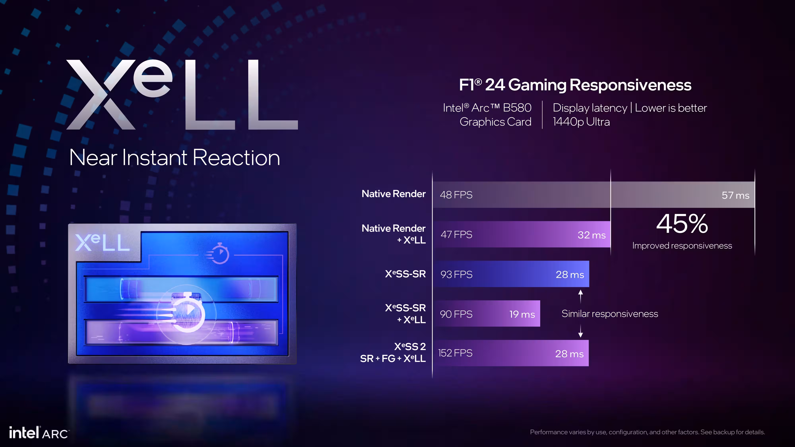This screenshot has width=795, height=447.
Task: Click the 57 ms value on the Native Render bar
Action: pos(735,195)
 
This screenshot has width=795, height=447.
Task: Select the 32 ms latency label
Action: pos(591,235)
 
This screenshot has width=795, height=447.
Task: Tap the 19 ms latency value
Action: pos(522,314)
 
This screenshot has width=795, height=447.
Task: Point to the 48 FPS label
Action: pos(456,195)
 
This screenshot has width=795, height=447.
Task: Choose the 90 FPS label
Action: pos(456,314)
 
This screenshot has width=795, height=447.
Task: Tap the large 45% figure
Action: pos(682,224)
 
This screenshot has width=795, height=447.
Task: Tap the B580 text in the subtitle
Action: pos(517,108)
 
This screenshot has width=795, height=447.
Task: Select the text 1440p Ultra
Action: pos(581,122)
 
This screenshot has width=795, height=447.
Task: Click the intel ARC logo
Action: pos(39,433)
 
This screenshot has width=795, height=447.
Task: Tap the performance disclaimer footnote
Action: pos(647,432)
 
